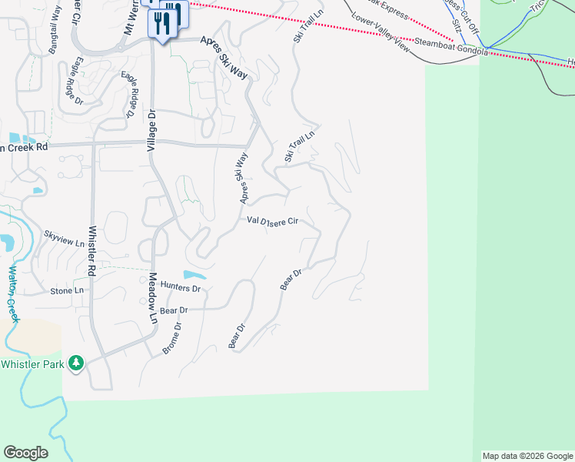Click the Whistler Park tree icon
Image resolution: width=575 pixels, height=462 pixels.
coord(75,362)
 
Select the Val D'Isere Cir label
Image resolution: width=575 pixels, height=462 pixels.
coord(272,222)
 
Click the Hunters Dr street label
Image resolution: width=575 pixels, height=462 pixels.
coord(181,288)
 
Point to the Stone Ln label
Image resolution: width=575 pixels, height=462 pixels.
coord(67,291)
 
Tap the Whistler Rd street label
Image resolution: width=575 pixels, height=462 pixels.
coord(92,250)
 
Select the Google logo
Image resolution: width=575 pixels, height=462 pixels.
coord(25,452)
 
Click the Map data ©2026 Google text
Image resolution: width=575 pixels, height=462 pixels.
coord(527,456)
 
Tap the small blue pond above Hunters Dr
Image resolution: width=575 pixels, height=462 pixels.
coord(194,275)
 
